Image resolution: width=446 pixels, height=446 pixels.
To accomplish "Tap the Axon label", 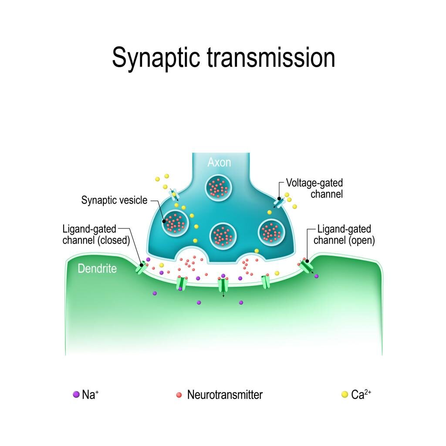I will tap(219, 162).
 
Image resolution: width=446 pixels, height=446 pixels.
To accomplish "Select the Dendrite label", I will tap(97, 269).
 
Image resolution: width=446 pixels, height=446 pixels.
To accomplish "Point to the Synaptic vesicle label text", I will tap(114, 200).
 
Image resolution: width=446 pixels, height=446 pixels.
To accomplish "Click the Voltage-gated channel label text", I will tap(314, 188).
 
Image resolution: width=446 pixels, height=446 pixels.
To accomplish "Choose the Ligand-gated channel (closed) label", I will tap(96, 234).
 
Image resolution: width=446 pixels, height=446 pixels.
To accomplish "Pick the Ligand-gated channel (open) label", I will tap(344, 234).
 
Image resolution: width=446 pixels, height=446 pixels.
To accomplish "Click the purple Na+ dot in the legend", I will tap(76, 395).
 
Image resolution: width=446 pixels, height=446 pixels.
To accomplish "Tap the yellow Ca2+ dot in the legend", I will tap(345, 395).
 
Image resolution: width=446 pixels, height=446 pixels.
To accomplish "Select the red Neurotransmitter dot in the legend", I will tap(179, 395).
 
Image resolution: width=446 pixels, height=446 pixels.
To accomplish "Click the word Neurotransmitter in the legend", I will tap(225, 395).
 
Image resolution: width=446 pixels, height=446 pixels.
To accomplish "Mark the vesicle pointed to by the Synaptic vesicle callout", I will tap(175, 223).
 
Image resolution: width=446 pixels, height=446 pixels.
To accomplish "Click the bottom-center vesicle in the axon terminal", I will tap(223, 236).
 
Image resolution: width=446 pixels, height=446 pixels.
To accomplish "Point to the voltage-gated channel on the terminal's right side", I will tap(278, 201).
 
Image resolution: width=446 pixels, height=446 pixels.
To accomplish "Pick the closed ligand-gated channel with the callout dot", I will tap(142, 267).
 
